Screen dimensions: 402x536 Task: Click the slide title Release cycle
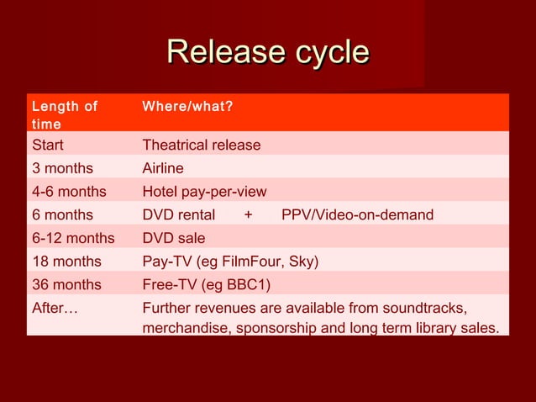tap(268, 52)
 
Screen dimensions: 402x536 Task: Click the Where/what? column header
tap(187, 107)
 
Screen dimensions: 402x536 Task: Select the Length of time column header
tap(64, 115)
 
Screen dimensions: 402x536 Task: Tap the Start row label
tap(47, 145)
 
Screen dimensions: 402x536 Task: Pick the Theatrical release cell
tap(202, 145)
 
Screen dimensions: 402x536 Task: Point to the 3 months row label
tap(62, 168)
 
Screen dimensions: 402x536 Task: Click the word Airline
tap(163, 168)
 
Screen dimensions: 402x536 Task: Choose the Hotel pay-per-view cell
tap(204, 192)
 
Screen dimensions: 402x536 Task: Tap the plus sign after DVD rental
tap(248, 215)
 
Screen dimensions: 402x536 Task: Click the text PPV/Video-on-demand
tap(357, 215)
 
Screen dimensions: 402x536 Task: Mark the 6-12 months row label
tap(73, 238)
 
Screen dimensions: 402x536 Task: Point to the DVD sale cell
tap(174, 238)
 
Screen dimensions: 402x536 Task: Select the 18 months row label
tap(66, 262)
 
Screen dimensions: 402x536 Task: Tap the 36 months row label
tap(66, 284)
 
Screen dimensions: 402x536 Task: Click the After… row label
tap(55, 308)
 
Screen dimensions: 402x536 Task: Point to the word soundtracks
tap(423, 308)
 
